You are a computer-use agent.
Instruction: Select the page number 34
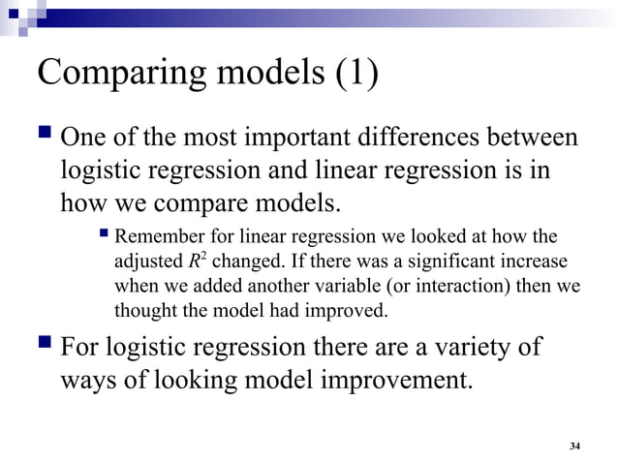(575, 446)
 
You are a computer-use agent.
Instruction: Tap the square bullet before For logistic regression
(45, 345)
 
